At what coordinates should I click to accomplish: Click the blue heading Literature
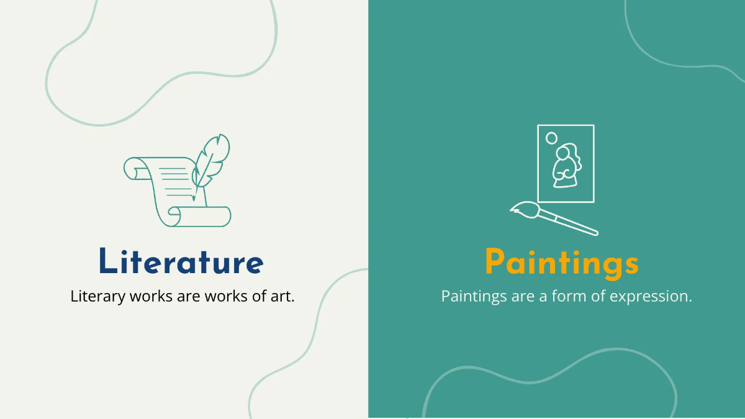(x=181, y=261)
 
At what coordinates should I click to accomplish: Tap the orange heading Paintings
(x=561, y=263)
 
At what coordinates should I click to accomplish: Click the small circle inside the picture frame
(x=551, y=138)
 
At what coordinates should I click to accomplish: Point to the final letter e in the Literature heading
(x=253, y=264)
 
